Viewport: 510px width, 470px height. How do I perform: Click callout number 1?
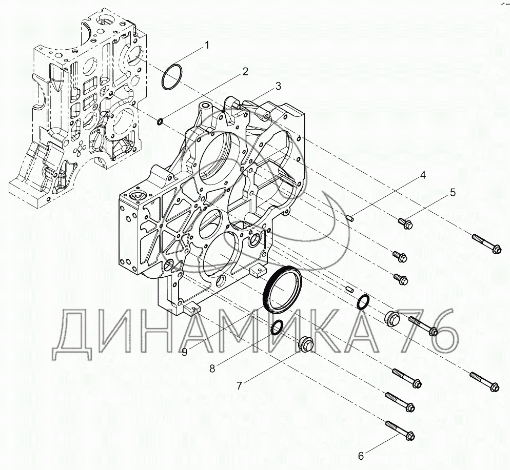207,45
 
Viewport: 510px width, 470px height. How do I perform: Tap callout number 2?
245,71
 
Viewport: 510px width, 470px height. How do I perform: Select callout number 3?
278,86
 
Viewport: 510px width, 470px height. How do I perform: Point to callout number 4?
422,175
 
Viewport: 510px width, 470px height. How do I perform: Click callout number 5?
453,192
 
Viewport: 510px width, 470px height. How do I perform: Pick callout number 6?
361,456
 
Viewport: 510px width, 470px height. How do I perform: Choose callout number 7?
240,385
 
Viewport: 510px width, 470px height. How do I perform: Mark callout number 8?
212,369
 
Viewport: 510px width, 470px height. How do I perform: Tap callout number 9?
184,352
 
